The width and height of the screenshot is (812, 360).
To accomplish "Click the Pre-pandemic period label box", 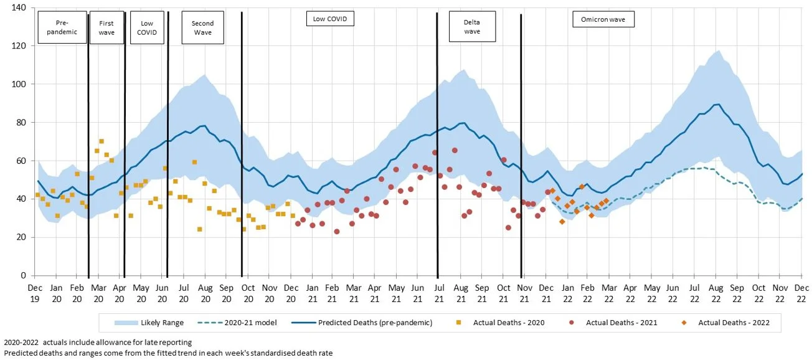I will pyautogui.click(x=62, y=27).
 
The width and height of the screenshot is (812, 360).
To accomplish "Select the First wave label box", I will pyautogui.click(x=106, y=27).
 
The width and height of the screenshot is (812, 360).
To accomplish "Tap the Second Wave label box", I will pyautogui.click(x=202, y=27).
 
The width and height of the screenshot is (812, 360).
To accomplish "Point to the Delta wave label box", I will pyautogui.click(x=472, y=27).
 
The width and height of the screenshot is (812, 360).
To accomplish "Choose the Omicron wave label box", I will pyautogui.click(x=603, y=20).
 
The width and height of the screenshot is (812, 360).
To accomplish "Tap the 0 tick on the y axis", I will pyautogui.click(x=23, y=275).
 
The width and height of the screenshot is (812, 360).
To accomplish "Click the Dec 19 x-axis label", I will pyautogui.click(x=35, y=292).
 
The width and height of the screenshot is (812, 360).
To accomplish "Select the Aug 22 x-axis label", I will pyautogui.click(x=715, y=292).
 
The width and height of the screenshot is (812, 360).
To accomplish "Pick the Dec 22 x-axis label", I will pyautogui.click(x=801, y=292).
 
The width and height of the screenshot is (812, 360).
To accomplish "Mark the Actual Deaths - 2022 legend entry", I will pyautogui.click(x=727, y=323).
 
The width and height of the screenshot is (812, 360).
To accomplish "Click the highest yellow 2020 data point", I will pyautogui.click(x=101, y=141).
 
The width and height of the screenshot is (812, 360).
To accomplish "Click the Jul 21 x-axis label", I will pyautogui.click(x=438, y=292).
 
